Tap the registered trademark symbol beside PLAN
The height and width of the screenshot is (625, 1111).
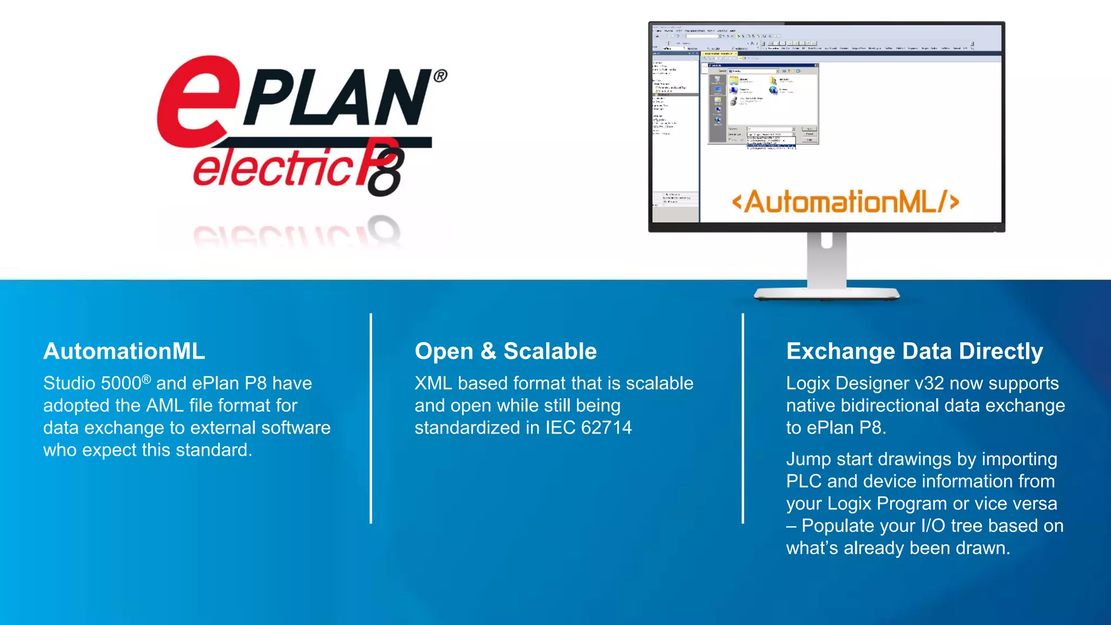pos(440,76)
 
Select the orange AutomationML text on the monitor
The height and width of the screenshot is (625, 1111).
pos(845,202)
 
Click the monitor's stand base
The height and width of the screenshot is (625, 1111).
pos(826,295)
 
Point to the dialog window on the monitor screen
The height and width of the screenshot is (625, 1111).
pos(763,104)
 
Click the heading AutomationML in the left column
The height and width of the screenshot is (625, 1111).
pos(124,351)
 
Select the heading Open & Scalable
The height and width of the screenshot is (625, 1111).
pos(506,351)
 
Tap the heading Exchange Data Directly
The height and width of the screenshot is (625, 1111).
pos(915,351)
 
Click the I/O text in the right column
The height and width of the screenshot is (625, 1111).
pos(933,526)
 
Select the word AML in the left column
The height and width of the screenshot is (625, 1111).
pos(165,406)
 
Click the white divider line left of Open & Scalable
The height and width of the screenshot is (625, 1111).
pos(371,418)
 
